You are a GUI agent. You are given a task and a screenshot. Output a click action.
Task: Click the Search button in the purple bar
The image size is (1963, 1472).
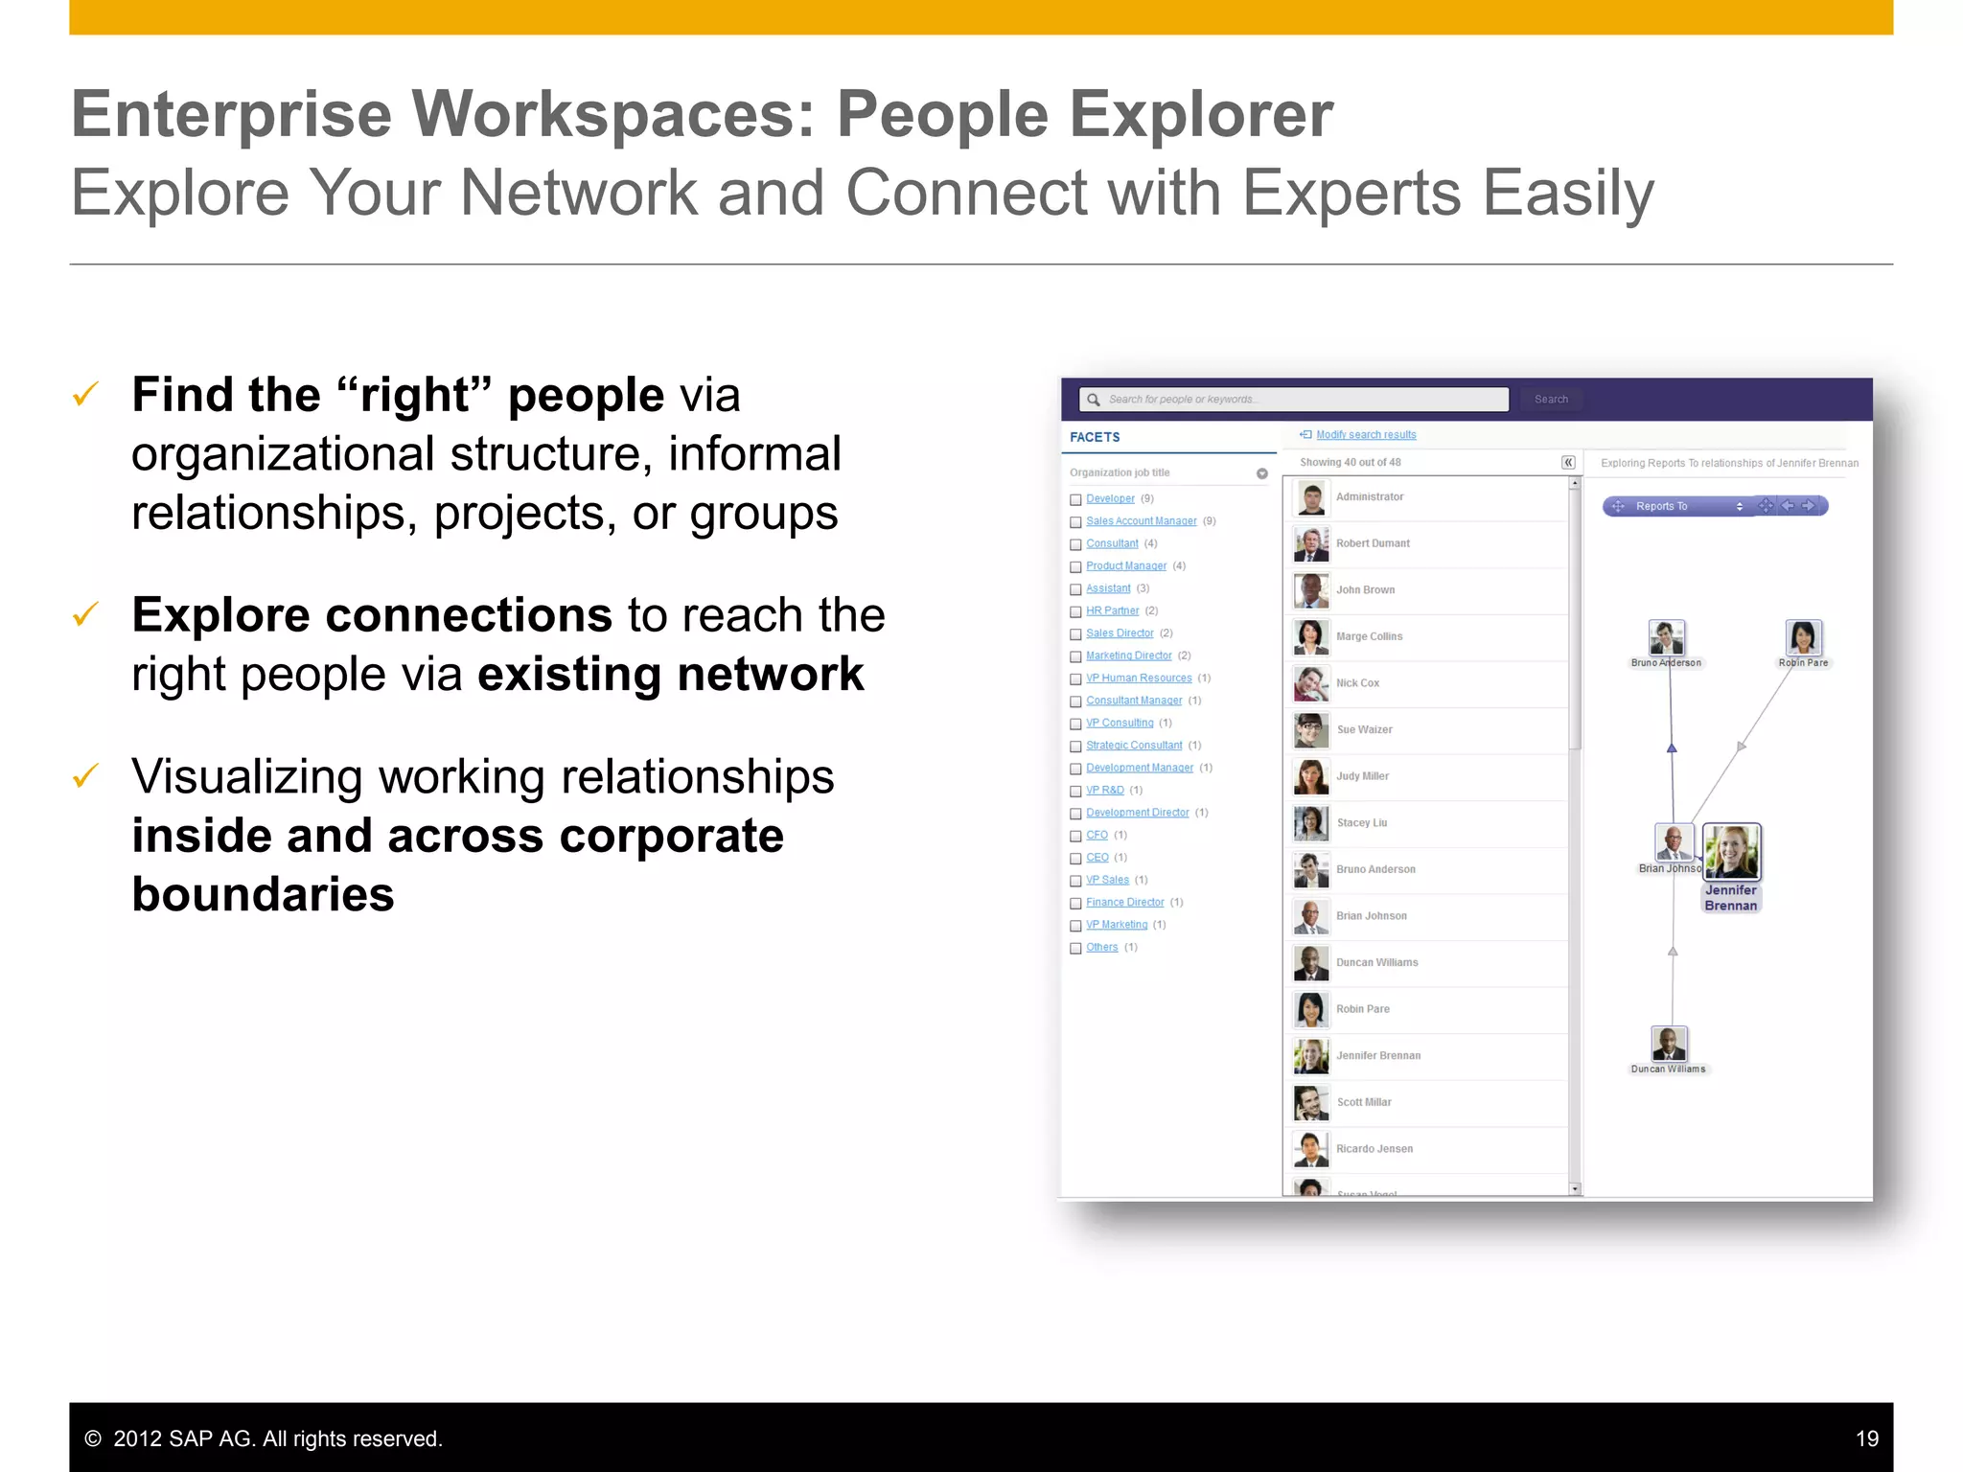tap(1550, 400)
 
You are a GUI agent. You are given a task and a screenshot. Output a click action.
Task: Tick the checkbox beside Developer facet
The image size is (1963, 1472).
tap(1075, 499)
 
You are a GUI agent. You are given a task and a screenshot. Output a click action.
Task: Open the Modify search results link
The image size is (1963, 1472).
tap(1365, 435)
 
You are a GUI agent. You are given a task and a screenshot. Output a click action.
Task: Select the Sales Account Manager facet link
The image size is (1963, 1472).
tap(1141, 521)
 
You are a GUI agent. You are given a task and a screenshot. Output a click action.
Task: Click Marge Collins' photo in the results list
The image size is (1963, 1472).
tap(1310, 637)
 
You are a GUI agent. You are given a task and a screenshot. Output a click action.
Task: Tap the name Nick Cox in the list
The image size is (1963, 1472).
tap(1357, 683)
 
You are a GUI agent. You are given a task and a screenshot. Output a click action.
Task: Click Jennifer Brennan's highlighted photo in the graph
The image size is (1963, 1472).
tap(1731, 851)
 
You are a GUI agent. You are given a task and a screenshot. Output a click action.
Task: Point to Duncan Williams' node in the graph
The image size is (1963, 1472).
tap(1669, 1044)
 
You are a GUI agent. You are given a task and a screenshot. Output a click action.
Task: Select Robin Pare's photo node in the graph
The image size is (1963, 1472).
tap(1803, 637)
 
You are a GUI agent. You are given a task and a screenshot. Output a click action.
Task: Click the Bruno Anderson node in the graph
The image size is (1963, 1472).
tap(1667, 637)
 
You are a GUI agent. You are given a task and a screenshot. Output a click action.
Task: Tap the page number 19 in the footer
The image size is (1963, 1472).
tap(1866, 1438)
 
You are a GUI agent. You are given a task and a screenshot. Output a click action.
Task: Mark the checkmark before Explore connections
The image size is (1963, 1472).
tap(86, 614)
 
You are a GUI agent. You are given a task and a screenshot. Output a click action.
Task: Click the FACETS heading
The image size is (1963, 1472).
tap(1095, 437)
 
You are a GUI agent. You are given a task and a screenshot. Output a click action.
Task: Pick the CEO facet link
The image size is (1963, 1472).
tap(1097, 858)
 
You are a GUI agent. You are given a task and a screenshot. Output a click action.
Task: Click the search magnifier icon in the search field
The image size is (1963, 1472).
tap(1093, 400)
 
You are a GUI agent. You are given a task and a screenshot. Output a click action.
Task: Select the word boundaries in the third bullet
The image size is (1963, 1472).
tap(263, 894)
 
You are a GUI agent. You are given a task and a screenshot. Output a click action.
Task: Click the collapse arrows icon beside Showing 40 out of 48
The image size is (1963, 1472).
tap(1568, 463)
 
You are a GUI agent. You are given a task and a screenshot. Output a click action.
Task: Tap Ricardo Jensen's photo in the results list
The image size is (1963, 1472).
tap(1310, 1149)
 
